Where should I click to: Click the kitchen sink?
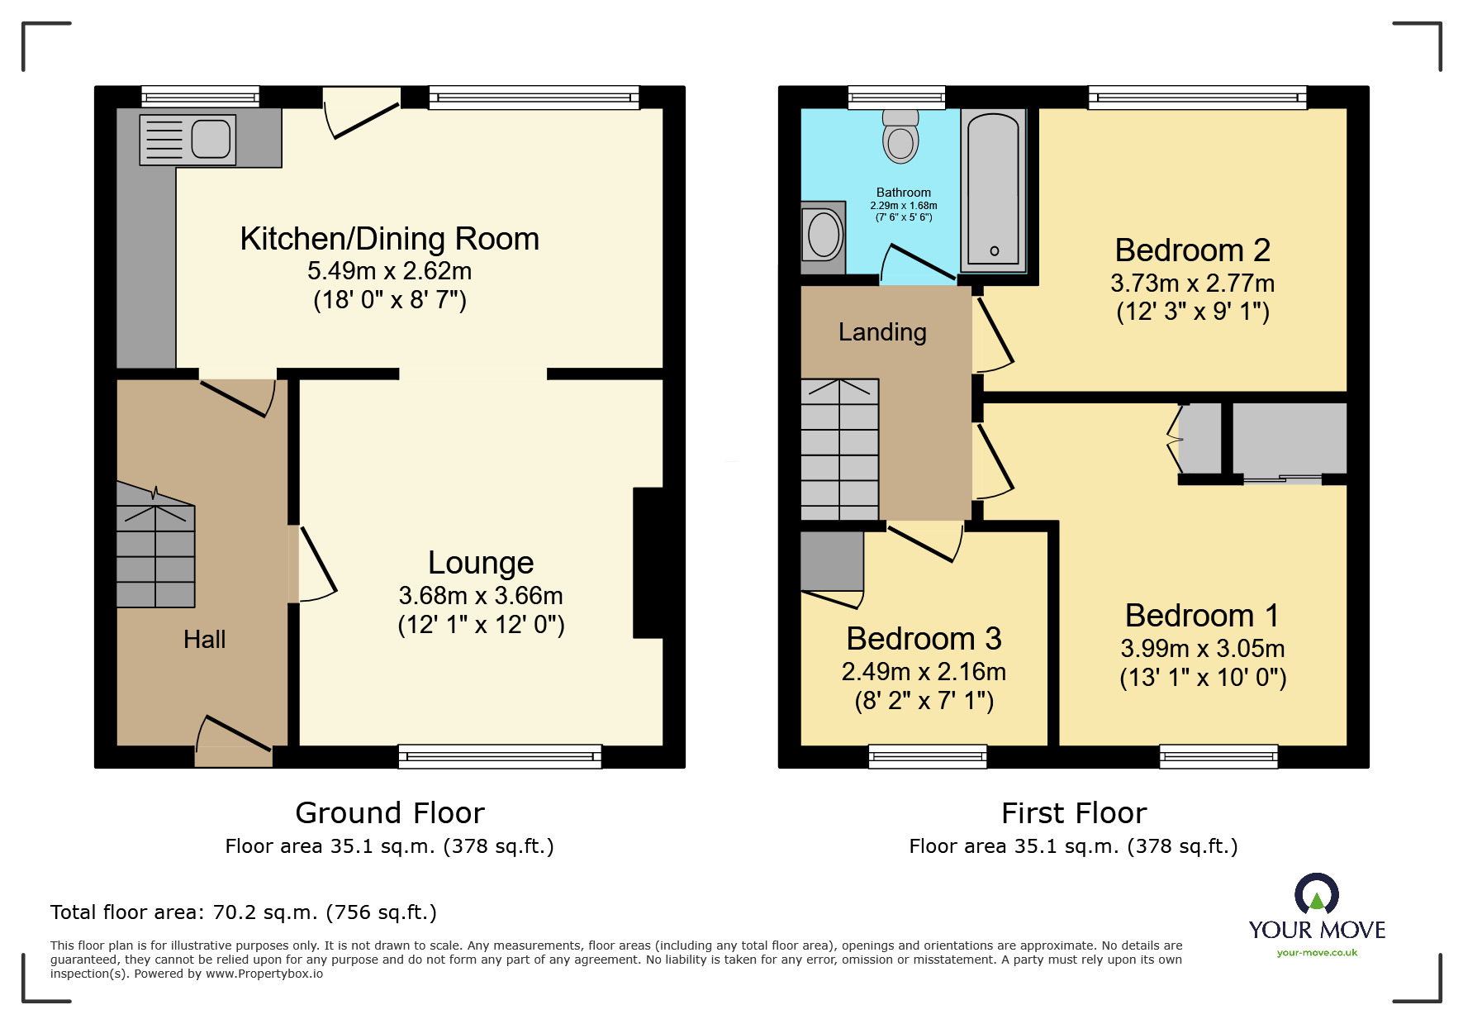[188, 140]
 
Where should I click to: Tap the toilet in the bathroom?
[900, 136]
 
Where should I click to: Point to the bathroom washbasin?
[824, 237]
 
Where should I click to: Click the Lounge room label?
[481, 563]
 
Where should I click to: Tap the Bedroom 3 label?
[924, 639]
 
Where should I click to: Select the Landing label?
[882, 332]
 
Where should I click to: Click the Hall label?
[204, 639]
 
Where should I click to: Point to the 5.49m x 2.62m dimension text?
[390, 271]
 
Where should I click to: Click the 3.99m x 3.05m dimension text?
[1203, 649]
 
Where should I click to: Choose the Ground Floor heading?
[390, 813]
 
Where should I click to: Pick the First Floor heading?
[1074, 813]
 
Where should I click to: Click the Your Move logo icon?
[1317, 893]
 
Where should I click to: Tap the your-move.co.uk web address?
[1317, 953]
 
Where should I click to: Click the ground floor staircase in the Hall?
[155, 545]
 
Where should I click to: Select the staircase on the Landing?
[839, 450]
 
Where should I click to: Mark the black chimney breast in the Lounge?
[648, 563]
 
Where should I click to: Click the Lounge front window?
[500, 756]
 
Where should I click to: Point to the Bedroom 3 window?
[928, 756]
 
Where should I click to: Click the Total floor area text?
[244, 912]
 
